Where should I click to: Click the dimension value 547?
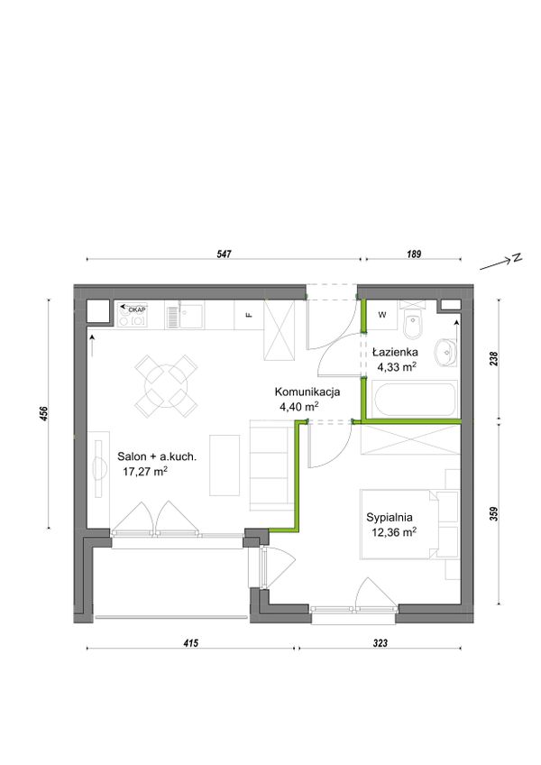click(225, 253)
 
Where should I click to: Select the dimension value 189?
click(413, 253)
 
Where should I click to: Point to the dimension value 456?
click(44, 414)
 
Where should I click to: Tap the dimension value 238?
click(494, 359)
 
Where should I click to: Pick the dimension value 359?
click(494, 514)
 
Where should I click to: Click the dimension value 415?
click(191, 643)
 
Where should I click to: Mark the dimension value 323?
click(380, 643)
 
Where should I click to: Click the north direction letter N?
click(517, 258)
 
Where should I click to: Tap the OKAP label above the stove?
click(136, 309)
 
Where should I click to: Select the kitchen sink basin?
click(191, 316)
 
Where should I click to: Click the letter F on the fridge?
click(249, 315)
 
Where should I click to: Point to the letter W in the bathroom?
click(382, 315)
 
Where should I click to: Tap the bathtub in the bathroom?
click(415, 399)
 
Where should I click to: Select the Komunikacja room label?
click(307, 392)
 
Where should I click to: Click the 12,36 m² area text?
click(394, 531)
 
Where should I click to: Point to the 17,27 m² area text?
click(145, 471)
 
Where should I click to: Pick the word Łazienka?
click(395, 352)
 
